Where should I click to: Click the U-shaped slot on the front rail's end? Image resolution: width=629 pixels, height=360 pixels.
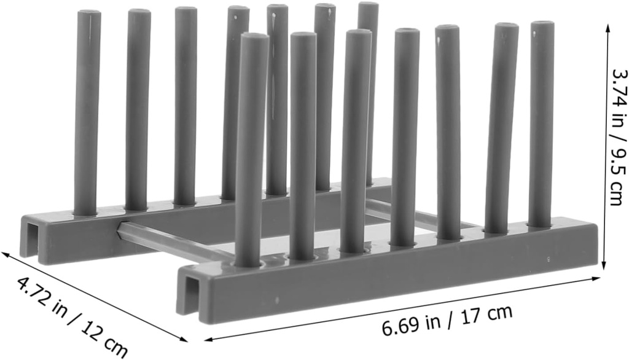192,295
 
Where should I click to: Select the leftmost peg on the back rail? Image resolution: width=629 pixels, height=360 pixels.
87,111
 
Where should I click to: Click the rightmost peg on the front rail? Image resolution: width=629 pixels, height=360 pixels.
541,123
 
